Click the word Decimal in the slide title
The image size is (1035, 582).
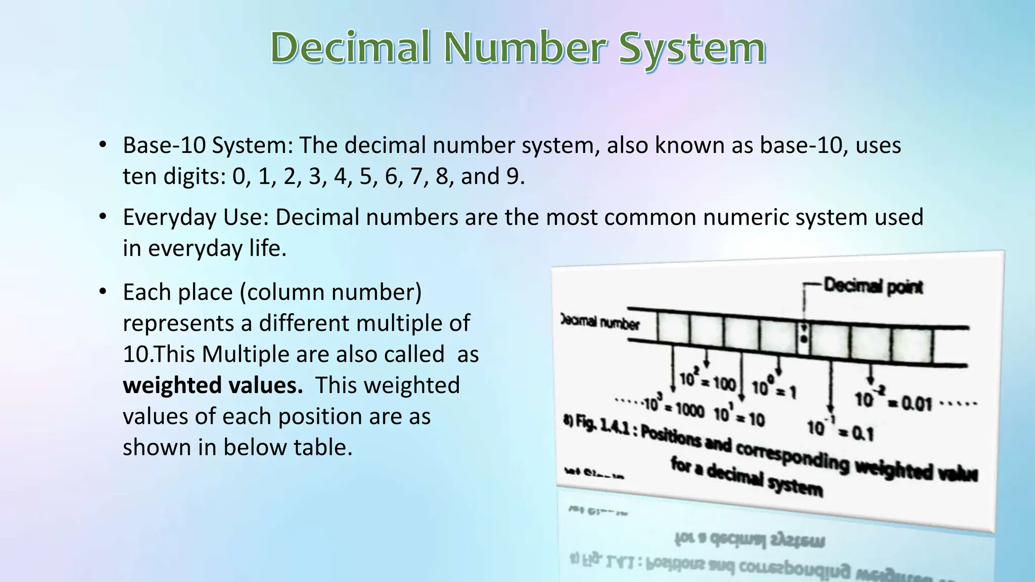[351, 47]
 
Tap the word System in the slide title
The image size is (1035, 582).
[692, 50]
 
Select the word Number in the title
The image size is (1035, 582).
[526, 47]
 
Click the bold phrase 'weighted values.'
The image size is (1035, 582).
[213, 385]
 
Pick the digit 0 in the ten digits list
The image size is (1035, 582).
[238, 176]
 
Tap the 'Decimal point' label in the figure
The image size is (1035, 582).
[873, 286]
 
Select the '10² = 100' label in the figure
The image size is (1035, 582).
[708, 381]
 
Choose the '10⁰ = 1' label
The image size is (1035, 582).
[774, 389]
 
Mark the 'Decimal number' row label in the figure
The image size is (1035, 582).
[600, 322]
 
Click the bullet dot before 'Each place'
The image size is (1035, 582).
[103, 292]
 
